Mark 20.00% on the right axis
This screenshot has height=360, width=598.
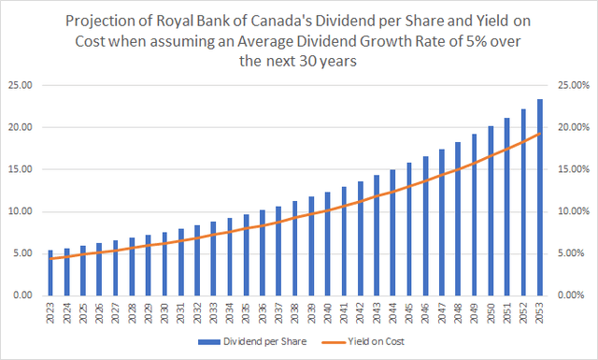click(x=575, y=127)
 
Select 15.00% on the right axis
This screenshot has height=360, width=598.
click(x=575, y=169)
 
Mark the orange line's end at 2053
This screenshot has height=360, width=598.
click(x=540, y=134)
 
